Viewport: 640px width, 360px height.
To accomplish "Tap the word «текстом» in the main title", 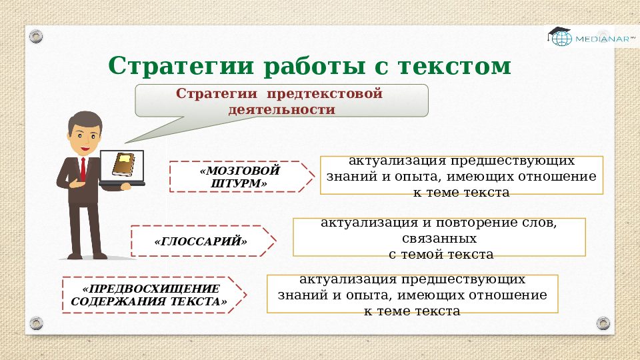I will pyautogui.click(x=454, y=66).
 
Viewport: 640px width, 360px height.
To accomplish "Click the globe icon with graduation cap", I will pyautogui.click(x=560, y=37).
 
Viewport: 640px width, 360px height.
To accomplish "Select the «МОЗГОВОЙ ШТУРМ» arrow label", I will pyautogui.click(x=240, y=177).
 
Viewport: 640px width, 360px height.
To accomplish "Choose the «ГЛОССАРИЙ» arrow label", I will pyautogui.click(x=201, y=241).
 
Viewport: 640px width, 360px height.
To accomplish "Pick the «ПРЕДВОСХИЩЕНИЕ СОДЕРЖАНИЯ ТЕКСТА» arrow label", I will pyautogui.click(x=150, y=295).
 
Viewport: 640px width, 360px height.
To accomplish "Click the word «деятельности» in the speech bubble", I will pyautogui.click(x=281, y=109).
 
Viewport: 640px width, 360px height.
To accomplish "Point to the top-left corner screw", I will pyautogui.click(x=37, y=35).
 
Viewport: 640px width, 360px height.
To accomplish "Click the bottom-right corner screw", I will pyautogui.click(x=603, y=323).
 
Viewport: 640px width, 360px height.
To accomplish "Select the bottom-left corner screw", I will pyautogui.click(x=37, y=323).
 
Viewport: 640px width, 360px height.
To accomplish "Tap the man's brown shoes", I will pyautogui.click(x=87, y=255).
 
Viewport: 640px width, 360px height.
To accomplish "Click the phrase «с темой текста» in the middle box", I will pyautogui.click(x=441, y=254).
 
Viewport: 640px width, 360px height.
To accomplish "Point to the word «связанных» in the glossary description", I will pyautogui.click(x=439, y=238).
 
